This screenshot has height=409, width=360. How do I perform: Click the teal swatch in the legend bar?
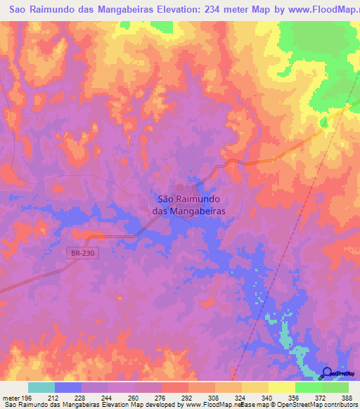pyautogui.click(x=41, y=387)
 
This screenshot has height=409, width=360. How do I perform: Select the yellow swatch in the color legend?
pyautogui.click(x=281, y=387)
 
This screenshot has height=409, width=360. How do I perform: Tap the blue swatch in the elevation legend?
pyautogui.click(x=67, y=387)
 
